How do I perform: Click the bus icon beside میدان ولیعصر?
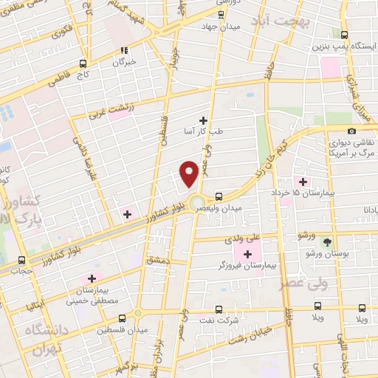[x=219, y=196]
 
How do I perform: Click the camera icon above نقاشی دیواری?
[x=351, y=130]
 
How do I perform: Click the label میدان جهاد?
[x=221, y=26]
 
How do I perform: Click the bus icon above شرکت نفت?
[x=218, y=309]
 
